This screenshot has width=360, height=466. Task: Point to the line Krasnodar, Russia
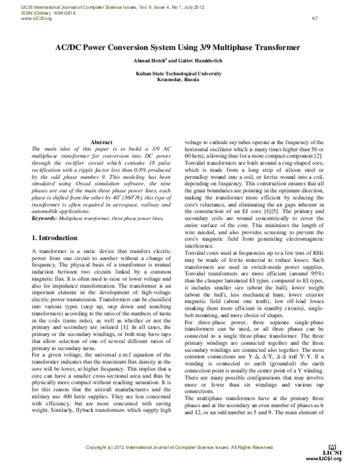tap(180, 79)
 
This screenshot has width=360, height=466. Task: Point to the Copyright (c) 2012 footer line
tap(180, 448)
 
